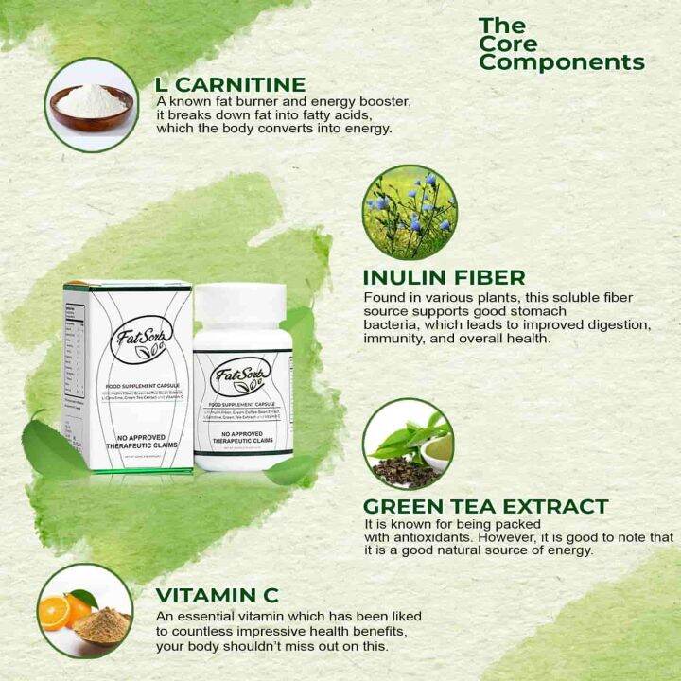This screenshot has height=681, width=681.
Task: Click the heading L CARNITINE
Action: click(x=230, y=84)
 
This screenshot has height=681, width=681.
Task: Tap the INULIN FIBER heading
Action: click(x=444, y=277)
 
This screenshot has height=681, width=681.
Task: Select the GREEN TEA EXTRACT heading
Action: click(x=485, y=506)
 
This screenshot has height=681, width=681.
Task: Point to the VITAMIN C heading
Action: click(x=218, y=595)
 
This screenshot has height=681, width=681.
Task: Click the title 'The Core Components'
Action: click(x=561, y=44)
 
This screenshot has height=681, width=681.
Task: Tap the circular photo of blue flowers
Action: click(x=409, y=212)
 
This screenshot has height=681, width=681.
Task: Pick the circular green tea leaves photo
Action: click(x=408, y=443)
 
